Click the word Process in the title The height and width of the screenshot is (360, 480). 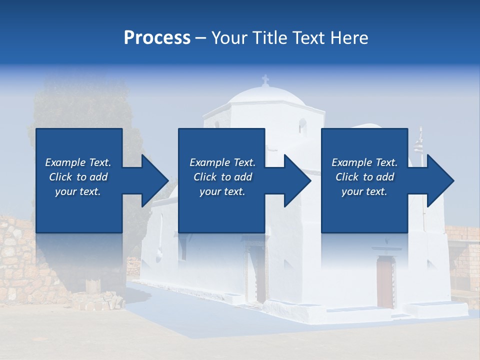pyautogui.click(x=157, y=38)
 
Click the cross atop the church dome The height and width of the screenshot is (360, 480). pyautogui.click(x=265, y=79)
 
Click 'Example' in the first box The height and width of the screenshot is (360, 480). pyautogui.click(x=64, y=162)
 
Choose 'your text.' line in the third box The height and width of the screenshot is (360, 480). pyautogui.click(x=364, y=191)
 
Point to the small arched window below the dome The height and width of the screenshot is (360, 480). pyautogui.click(x=302, y=125)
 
